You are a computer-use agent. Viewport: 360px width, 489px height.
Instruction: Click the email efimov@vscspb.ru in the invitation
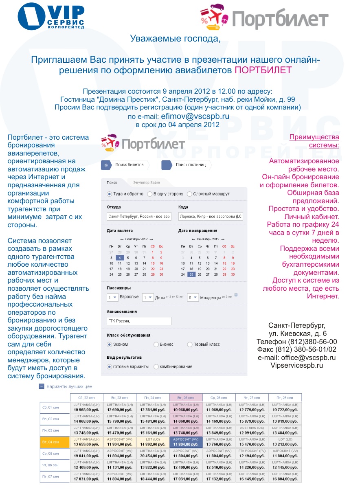(195, 116)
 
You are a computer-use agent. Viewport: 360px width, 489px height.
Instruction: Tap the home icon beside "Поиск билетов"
(106, 165)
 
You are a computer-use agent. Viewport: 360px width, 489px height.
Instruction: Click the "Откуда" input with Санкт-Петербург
(139, 217)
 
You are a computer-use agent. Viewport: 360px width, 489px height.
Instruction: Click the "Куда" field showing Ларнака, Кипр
(211, 217)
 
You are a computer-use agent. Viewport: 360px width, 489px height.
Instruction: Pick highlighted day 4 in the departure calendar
(119, 258)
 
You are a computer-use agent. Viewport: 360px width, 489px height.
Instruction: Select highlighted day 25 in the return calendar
(191, 274)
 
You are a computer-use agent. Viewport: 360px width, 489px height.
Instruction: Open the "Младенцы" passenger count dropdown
(193, 298)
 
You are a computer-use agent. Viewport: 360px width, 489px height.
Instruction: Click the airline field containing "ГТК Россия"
(139, 321)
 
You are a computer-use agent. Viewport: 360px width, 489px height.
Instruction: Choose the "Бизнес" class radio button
(156, 344)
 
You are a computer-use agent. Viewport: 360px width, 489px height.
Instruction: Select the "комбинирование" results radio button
(156, 367)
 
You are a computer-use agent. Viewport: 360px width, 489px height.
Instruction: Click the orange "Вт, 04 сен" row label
(55, 442)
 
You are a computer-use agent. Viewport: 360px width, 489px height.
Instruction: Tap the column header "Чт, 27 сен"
(252, 397)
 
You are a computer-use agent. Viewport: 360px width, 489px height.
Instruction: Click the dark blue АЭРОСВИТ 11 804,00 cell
(185, 442)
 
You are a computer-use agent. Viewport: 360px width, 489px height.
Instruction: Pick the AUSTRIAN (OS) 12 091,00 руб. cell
(252, 430)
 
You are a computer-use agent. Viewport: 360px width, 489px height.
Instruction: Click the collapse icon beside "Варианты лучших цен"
(42, 386)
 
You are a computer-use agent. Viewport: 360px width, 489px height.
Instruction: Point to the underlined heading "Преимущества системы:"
(314, 141)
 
